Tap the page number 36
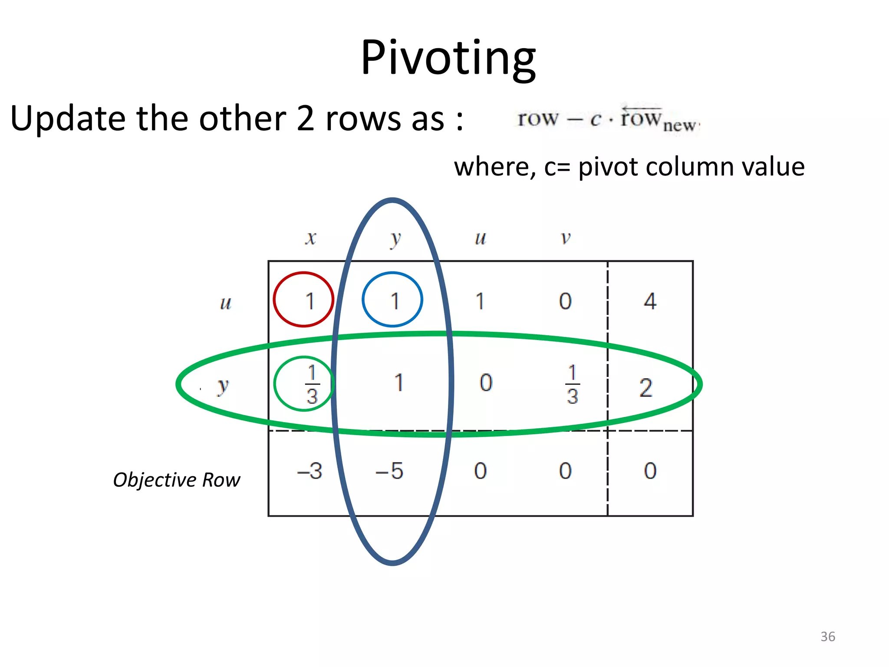click(x=827, y=637)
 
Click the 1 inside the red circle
click(x=310, y=300)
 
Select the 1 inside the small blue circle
click(x=395, y=300)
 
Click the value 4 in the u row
click(x=650, y=300)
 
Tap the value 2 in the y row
click(x=645, y=387)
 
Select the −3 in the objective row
click(x=310, y=471)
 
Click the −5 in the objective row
click(x=389, y=471)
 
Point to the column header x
click(x=310, y=238)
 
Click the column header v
click(x=565, y=238)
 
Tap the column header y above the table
click(x=395, y=239)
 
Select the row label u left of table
click(x=226, y=303)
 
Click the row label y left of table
click(x=223, y=386)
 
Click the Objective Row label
click(x=176, y=480)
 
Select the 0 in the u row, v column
click(x=565, y=300)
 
